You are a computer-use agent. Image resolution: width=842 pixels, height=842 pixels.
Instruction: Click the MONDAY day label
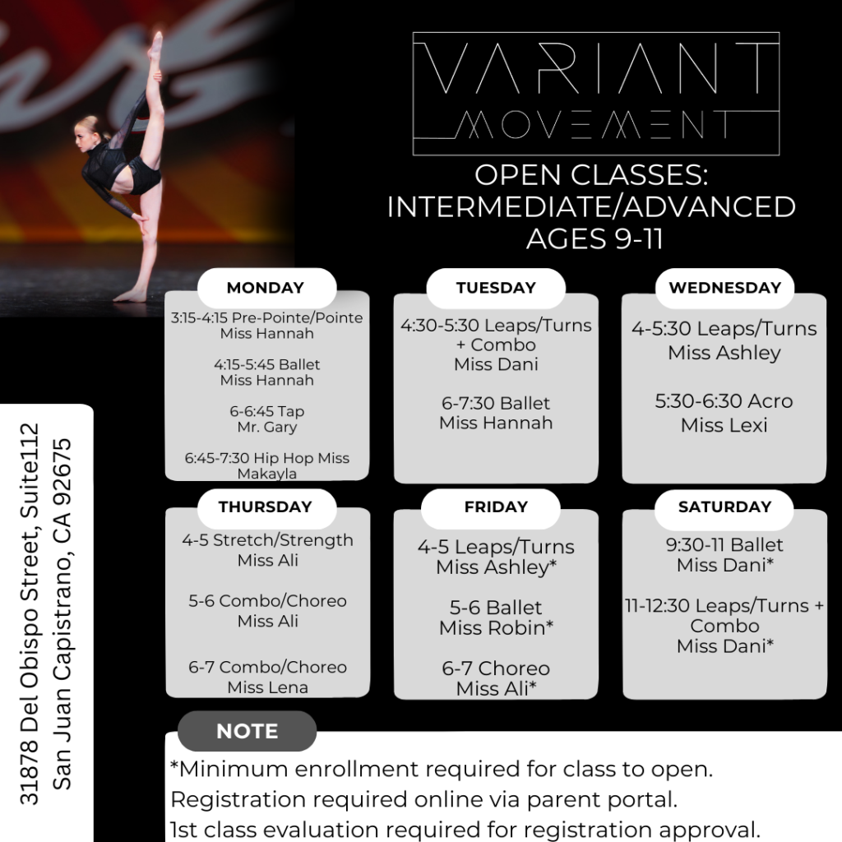[x=266, y=288]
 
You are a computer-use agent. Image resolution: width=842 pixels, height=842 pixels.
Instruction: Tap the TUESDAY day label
[x=496, y=288]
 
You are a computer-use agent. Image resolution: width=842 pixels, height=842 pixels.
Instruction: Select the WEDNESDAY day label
[x=724, y=288]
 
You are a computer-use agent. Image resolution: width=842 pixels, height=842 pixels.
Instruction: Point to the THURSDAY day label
[x=266, y=507]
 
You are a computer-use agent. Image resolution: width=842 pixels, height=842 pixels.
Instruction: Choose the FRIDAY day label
[x=496, y=507]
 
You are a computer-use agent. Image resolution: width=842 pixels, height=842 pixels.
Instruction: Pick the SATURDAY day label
[x=724, y=507]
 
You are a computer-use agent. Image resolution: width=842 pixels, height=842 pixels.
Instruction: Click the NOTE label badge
[x=247, y=731]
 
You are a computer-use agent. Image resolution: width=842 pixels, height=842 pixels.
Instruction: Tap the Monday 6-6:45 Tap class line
[x=267, y=411]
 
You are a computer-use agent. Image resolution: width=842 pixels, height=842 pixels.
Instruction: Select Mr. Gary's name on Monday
[x=267, y=428]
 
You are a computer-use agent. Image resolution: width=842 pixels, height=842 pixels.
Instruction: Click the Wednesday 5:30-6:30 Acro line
[x=724, y=401]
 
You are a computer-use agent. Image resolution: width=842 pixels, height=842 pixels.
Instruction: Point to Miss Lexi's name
[x=724, y=425]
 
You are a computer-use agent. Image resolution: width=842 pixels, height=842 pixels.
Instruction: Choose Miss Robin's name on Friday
[x=496, y=628]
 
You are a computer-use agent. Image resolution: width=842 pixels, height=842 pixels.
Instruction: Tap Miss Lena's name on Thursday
[x=267, y=687]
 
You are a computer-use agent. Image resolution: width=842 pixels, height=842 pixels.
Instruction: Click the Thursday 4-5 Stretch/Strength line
[x=267, y=540]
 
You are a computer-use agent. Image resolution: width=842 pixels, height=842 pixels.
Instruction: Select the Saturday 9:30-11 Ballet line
[x=724, y=544]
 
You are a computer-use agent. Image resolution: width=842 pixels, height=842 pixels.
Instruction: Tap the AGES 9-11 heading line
[x=594, y=239]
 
